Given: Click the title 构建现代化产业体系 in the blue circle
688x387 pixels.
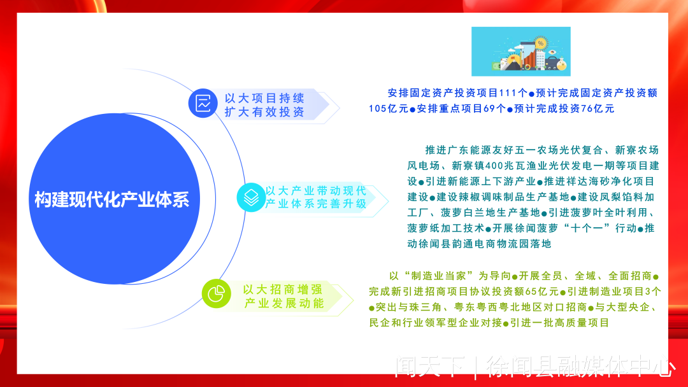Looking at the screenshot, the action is click(x=112, y=199).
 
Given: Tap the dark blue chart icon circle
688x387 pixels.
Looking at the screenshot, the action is click(x=203, y=104).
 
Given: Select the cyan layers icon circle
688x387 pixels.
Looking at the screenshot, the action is click(x=251, y=197).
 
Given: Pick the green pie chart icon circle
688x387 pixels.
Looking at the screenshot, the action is click(x=217, y=293).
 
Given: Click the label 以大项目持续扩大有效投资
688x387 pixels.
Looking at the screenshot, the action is click(x=264, y=105).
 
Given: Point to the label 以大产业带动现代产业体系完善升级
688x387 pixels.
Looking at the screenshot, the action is click(x=316, y=197).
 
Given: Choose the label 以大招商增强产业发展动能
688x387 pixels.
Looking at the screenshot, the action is click(x=283, y=296).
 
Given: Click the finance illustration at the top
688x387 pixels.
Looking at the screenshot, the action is click(x=521, y=52).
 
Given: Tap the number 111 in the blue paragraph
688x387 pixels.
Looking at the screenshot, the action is click(x=508, y=93).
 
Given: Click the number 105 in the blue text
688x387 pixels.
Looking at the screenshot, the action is click(x=377, y=109).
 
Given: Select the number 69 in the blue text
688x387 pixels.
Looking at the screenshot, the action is click(x=489, y=109).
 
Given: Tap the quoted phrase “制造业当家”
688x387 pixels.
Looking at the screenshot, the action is click(x=438, y=276).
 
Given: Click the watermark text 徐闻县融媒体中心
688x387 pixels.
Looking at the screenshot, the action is click(x=580, y=367).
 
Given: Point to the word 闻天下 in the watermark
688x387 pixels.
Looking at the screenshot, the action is click(x=429, y=367).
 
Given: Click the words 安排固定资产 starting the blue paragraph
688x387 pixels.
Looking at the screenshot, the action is click(x=415, y=93).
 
